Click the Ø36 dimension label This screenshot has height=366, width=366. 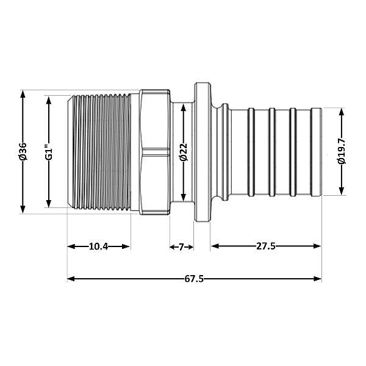23,151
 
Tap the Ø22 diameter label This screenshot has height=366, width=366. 184,152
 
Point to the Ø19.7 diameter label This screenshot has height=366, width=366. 342,151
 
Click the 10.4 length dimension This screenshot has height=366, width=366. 98,246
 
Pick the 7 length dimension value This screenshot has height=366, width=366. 181,247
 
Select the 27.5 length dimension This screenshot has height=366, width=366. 266,246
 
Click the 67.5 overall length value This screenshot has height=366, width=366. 194,279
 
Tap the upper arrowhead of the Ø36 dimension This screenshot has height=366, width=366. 23,95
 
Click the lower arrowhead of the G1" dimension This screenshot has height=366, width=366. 49,203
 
